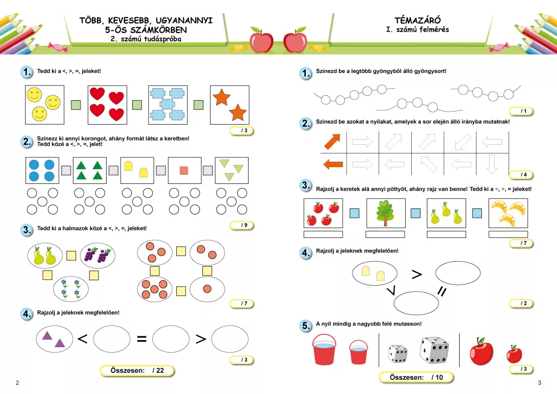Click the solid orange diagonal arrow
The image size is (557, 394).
(x=332, y=141)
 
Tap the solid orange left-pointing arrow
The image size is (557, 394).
(x=333, y=164)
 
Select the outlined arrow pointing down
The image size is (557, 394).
(x=492, y=164)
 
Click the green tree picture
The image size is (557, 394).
(x=386, y=213)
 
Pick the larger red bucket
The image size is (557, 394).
(x=324, y=349)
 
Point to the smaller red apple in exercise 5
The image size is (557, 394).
(x=514, y=354)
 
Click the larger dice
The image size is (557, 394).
(x=434, y=350)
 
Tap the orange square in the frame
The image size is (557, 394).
(x=184, y=170)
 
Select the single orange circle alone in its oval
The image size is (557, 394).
(x=207, y=289)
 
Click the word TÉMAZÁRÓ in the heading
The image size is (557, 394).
(x=417, y=20)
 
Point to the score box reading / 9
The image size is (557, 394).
(x=242, y=225)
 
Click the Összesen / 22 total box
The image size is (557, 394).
(x=137, y=371)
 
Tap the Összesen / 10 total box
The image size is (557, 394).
(x=416, y=377)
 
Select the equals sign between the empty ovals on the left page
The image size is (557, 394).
(x=142, y=339)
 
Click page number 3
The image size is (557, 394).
(x=540, y=383)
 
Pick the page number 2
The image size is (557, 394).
(x=17, y=383)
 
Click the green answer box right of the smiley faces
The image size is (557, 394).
(x=76, y=105)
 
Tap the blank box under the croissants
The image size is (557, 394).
(x=508, y=234)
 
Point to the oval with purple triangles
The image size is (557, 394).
(x=54, y=339)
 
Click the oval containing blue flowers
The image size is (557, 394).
(x=71, y=289)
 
